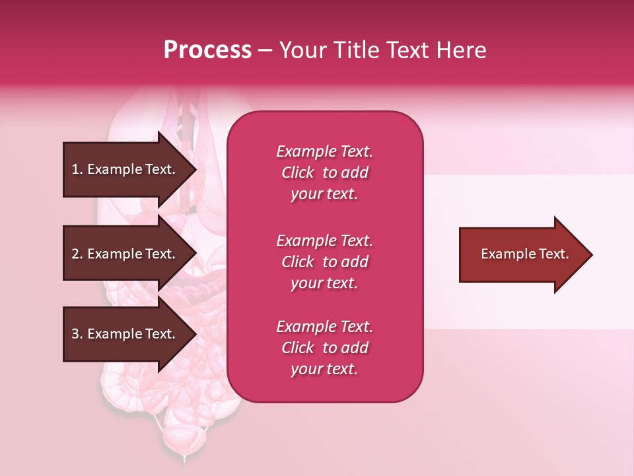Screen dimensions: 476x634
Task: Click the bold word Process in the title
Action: [207, 50]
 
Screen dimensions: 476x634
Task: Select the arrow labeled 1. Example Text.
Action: [125, 169]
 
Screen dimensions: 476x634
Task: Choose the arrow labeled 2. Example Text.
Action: [125, 254]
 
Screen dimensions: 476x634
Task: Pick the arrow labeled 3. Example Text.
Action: [125, 334]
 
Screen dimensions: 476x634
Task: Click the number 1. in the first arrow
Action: [77, 169]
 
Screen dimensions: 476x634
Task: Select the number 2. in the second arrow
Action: [77, 254]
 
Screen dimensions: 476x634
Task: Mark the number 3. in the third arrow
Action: [77, 334]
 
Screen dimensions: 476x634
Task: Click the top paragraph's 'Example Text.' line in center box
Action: [324, 151]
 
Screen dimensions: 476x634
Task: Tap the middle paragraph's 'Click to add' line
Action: [324, 262]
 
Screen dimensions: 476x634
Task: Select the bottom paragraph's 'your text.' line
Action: [324, 369]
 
